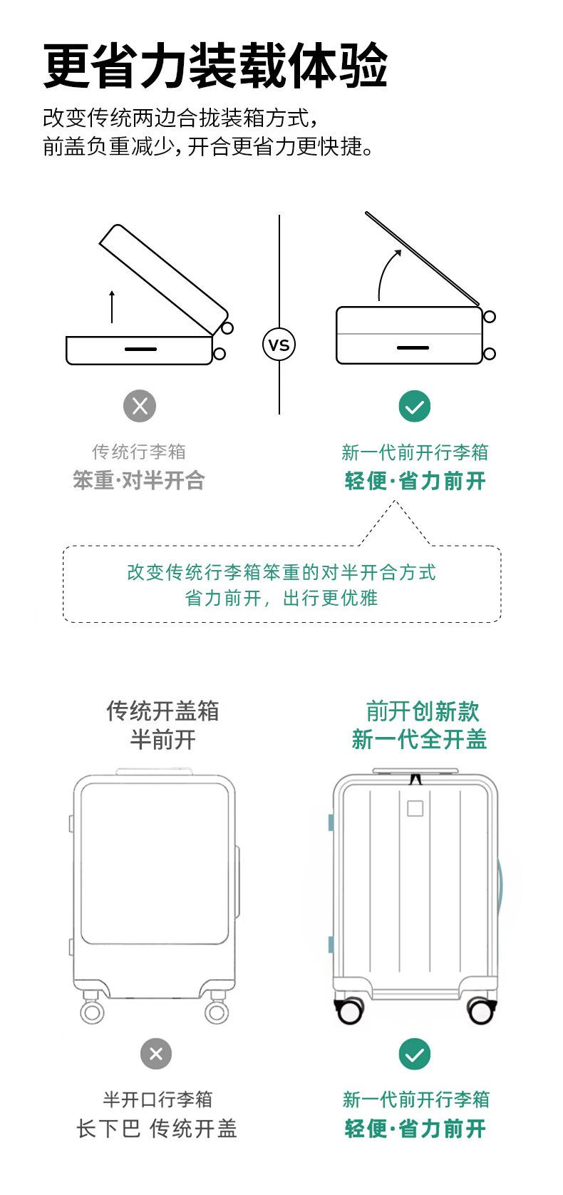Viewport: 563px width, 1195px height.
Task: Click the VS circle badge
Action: coord(279,345)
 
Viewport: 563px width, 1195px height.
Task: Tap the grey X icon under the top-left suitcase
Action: coord(140,406)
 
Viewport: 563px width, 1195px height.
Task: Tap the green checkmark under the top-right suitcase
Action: coord(415,407)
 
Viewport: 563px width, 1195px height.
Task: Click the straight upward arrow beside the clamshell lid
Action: coord(112,307)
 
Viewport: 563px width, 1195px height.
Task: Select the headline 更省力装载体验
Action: coord(215,66)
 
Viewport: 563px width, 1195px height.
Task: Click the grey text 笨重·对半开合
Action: coord(139,480)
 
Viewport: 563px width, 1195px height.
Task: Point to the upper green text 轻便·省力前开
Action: coord(415,481)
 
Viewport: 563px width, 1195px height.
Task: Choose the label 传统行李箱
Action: coord(139,452)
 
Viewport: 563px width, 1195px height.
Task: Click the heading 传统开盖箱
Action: coord(162,711)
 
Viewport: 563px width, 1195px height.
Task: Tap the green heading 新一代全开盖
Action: coord(419,739)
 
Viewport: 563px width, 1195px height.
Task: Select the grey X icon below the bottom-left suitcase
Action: coord(156,1054)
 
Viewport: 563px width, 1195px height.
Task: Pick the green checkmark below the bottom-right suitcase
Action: coord(415,1054)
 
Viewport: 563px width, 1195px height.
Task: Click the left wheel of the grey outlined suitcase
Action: coord(92,1011)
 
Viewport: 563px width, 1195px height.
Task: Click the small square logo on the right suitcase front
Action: coord(415,808)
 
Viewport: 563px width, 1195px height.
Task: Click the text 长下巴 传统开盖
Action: coord(157,1129)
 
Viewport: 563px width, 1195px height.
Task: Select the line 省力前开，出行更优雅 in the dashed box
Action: coord(281,598)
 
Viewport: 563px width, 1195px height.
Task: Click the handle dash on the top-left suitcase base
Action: coord(140,349)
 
